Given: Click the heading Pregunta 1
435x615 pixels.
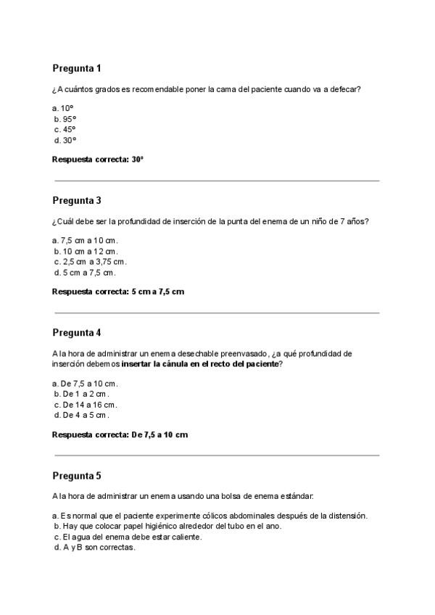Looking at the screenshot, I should (76, 68).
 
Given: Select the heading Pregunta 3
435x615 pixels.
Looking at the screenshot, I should (76, 200).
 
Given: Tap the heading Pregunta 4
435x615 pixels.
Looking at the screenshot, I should (76, 333).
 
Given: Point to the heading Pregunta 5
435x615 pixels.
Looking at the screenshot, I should (76, 476).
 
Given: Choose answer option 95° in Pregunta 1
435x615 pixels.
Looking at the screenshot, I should (65, 118).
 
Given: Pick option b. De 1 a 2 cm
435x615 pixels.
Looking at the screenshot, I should (82, 394).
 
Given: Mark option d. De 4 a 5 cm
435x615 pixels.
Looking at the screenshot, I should (82, 416).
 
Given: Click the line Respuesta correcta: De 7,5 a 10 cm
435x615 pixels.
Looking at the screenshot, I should (120, 434).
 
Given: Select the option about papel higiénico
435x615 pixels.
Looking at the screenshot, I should (167, 527).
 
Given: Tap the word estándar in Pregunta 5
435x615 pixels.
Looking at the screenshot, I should (297, 497).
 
